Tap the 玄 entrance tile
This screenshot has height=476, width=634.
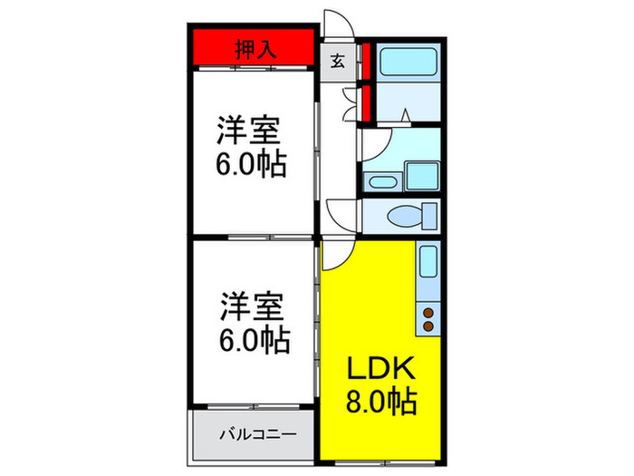(x=337, y=63)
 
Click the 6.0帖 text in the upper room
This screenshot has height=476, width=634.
(x=252, y=164)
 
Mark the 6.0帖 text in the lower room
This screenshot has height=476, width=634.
(x=253, y=341)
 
